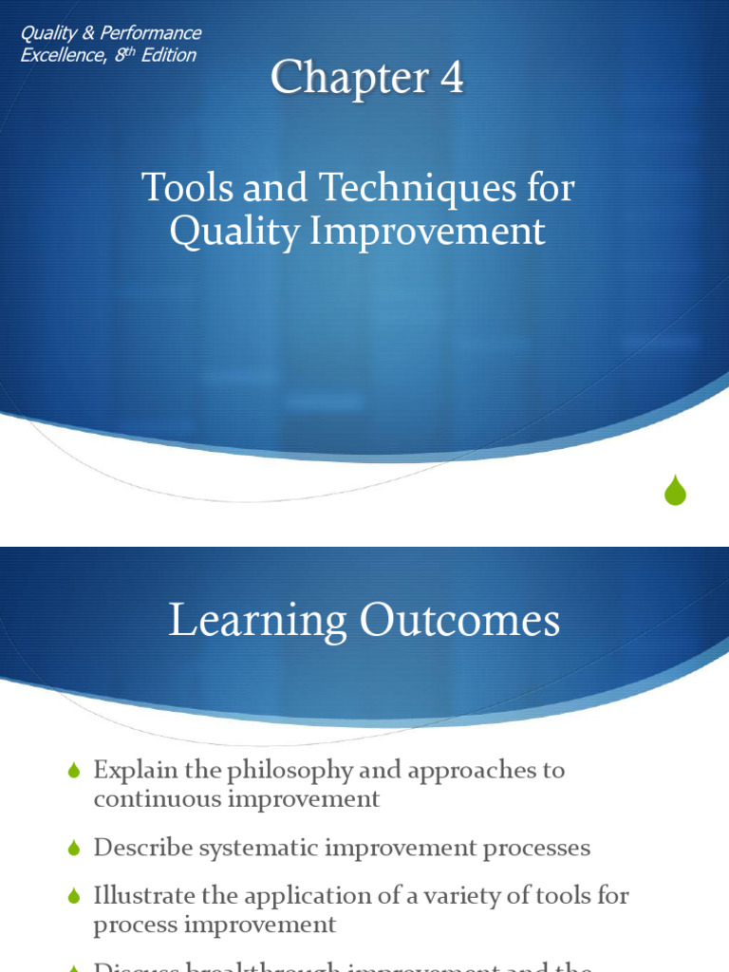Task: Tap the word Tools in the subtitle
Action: (x=183, y=188)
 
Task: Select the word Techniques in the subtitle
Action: (x=387, y=188)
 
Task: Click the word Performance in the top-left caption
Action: (x=154, y=33)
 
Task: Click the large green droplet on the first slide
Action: (x=675, y=490)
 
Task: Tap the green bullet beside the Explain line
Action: (x=75, y=772)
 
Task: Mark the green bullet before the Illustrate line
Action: (x=75, y=897)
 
